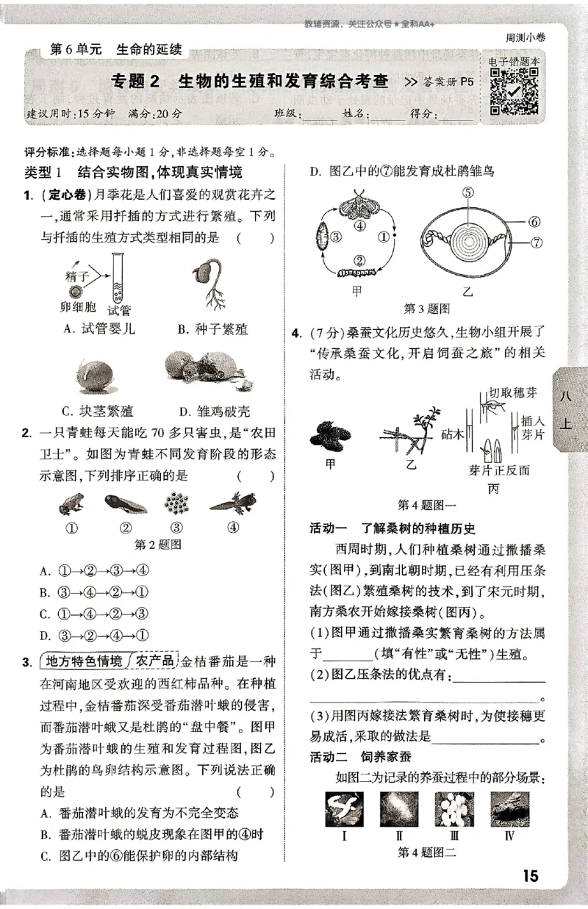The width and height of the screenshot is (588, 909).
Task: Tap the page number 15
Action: click(530, 876)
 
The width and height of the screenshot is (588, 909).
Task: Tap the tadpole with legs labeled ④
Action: click(232, 504)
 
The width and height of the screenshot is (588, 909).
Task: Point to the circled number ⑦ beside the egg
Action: click(534, 241)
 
